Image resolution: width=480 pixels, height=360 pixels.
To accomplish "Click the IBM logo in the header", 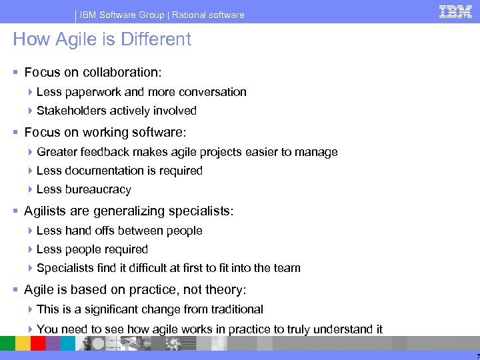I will (x=455, y=11).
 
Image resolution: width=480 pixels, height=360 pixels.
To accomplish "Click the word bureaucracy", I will (x=97, y=189).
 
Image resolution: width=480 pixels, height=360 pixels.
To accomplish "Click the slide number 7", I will (x=477, y=356).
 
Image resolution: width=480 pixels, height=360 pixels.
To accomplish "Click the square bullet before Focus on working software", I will (x=16, y=133).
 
